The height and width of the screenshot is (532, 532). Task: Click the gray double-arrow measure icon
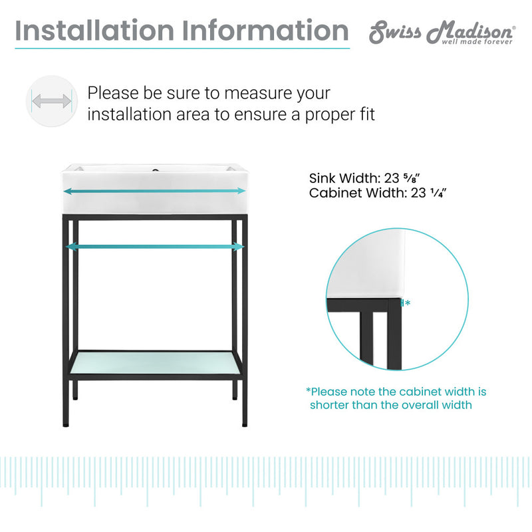[x=51, y=102]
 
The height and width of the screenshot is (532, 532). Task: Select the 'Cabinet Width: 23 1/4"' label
[x=377, y=194]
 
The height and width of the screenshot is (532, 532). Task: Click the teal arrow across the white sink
[x=154, y=191]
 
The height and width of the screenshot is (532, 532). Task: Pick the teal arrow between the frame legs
[x=154, y=247]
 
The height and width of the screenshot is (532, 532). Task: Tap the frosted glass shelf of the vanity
[x=154, y=362]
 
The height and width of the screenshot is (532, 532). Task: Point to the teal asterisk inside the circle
[x=407, y=303]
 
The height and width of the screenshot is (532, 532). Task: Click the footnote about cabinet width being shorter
[x=396, y=398]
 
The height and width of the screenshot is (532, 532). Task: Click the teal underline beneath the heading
[x=182, y=47]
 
